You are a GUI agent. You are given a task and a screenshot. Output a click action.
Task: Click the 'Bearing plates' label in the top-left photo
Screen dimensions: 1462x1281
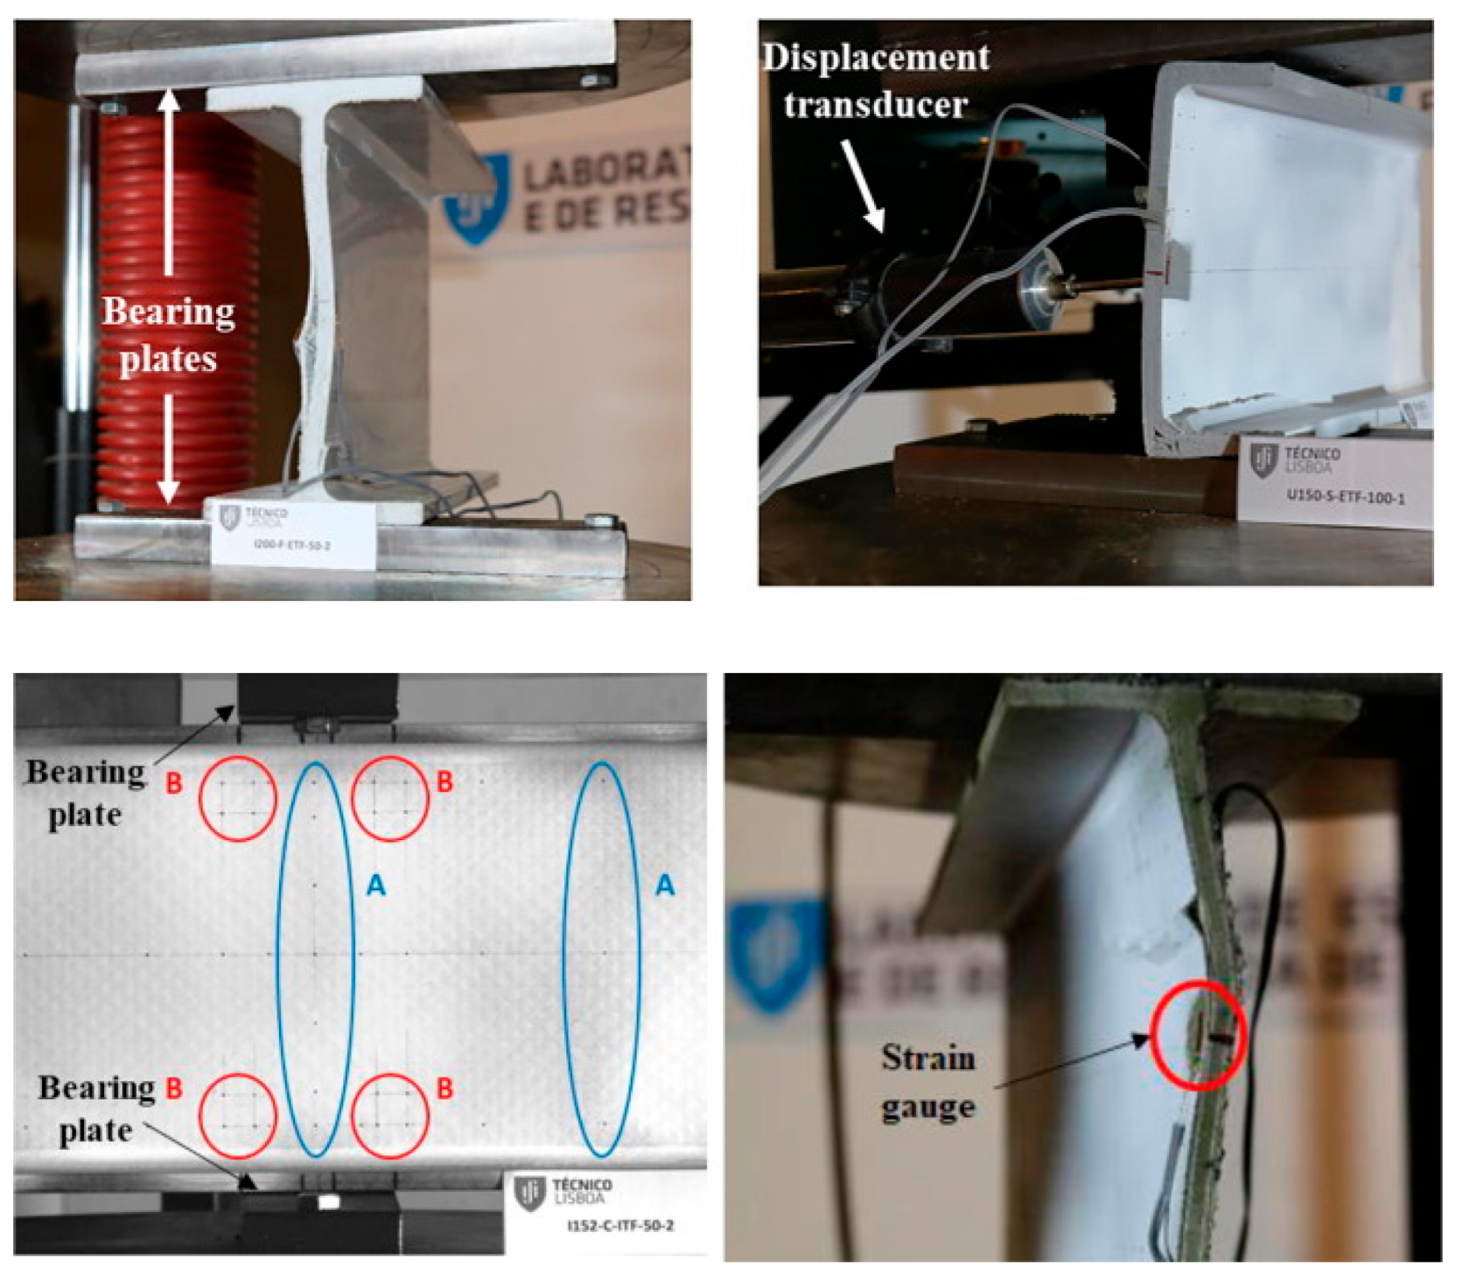click(168, 335)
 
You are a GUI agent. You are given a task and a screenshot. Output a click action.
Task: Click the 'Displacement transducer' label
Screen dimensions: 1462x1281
click(875, 81)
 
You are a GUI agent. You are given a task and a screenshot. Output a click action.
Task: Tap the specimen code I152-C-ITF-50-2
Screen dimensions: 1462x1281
click(620, 1226)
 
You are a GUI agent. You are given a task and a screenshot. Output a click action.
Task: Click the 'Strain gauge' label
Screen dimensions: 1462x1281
click(928, 1081)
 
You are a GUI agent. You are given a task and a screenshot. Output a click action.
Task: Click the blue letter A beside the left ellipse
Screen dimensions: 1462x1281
click(376, 884)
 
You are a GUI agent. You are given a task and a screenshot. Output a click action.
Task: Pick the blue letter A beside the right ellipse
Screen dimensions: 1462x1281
click(664, 884)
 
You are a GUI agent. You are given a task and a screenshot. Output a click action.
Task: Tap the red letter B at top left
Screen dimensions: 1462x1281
click(174, 783)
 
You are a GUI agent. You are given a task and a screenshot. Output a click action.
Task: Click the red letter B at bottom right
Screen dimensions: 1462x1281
click(444, 1088)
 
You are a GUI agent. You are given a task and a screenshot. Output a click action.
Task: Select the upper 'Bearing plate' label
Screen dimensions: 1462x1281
click(85, 793)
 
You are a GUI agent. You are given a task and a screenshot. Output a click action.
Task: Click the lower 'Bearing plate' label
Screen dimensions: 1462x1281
click(96, 1109)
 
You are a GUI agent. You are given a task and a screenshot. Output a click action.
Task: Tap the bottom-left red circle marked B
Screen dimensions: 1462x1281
click(238, 1116)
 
